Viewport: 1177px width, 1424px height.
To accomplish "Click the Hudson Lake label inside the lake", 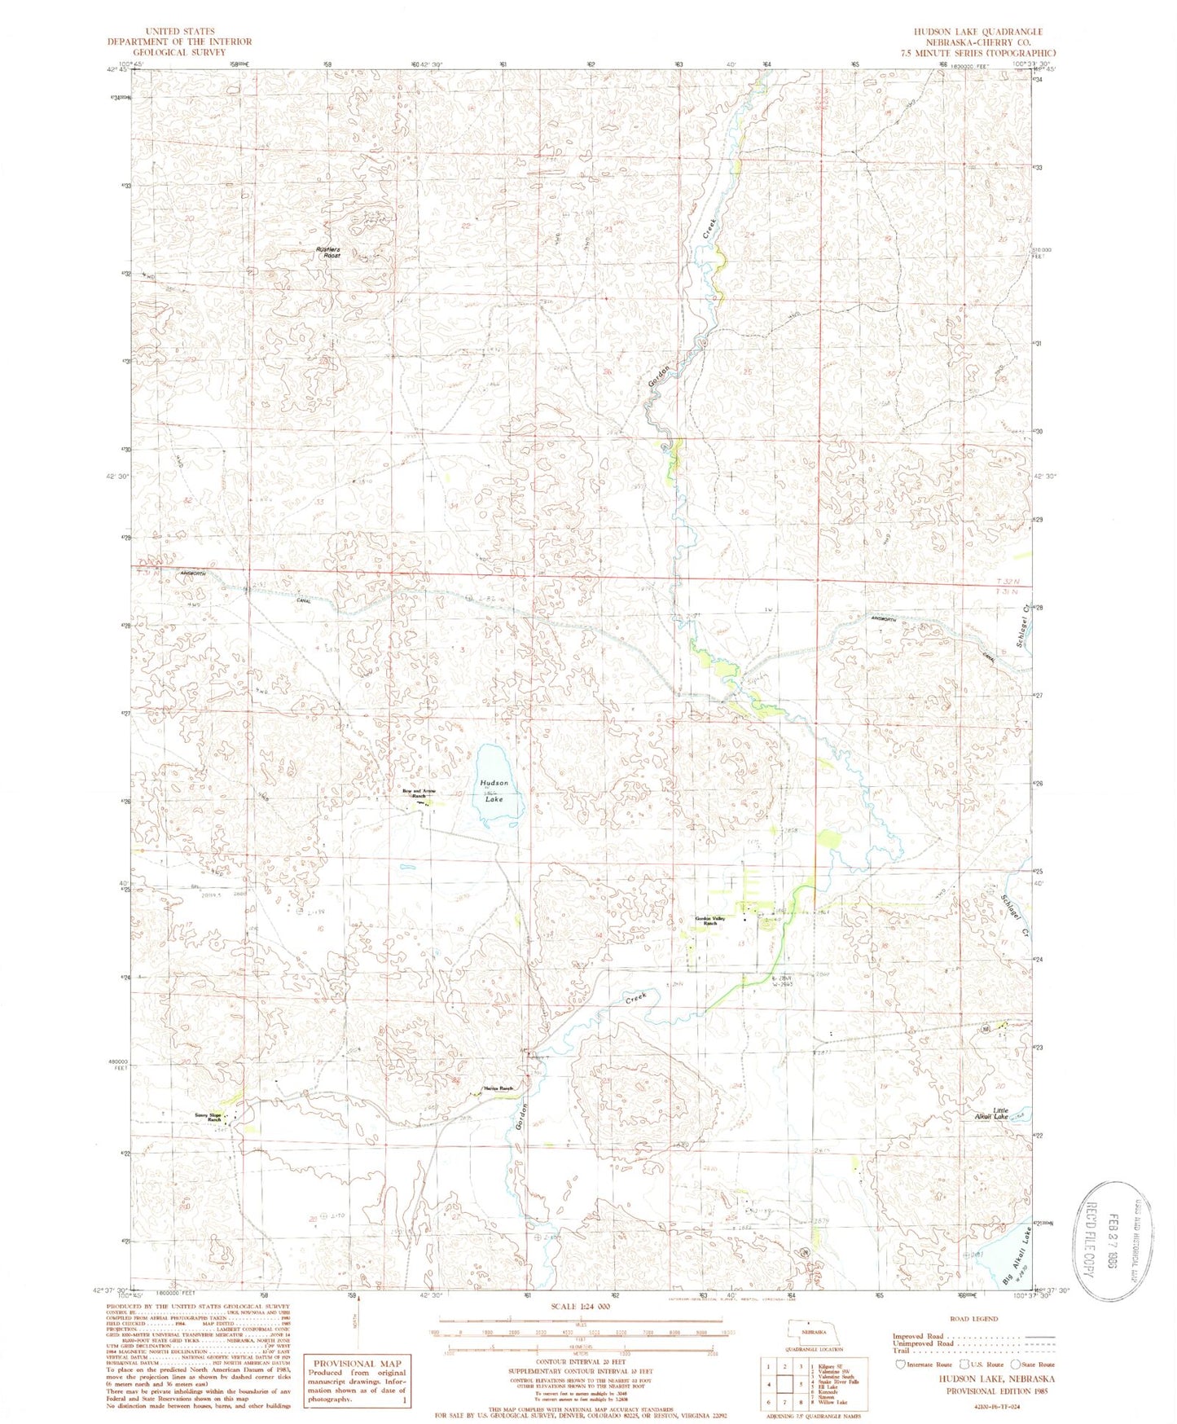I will coord(493,790).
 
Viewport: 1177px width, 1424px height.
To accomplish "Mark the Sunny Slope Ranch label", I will coord(208,1117).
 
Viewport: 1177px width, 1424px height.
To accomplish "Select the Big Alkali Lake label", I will coord(1017,1255).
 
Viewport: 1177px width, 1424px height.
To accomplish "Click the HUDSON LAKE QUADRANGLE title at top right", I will coord(989,31).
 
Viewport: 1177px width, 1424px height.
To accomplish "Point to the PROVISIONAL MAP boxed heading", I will coord(354,1363).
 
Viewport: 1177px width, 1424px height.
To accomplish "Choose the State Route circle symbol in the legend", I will coord(1015,1364).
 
